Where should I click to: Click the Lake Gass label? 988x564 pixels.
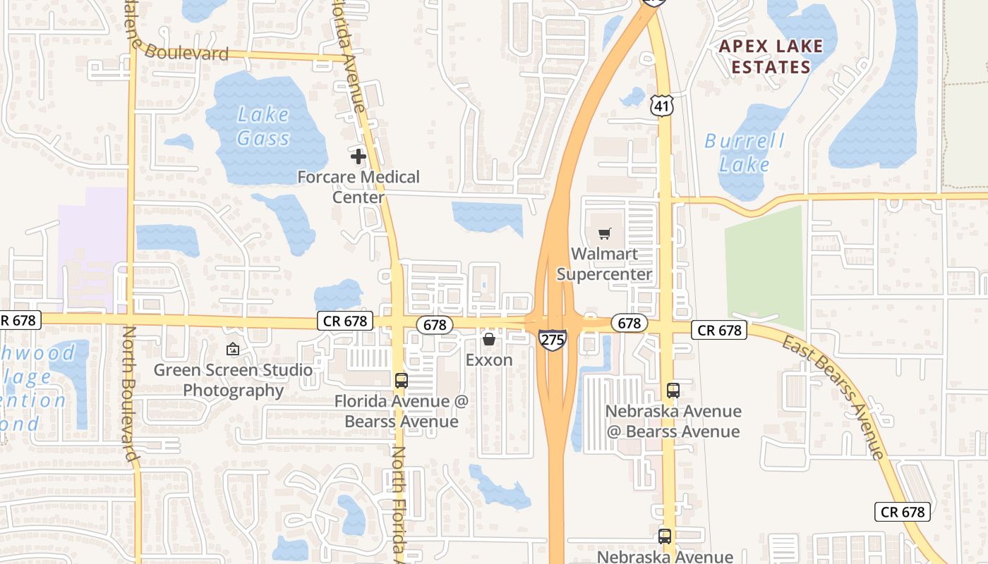pyautogui.click(x=263, y=126)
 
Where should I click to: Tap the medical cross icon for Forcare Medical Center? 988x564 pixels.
pyautogui.click(x=359, y=156)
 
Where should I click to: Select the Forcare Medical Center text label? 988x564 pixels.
pyautogui.click(x=359, y=187)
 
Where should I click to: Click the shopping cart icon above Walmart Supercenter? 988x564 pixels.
pyautogui.click(x=604, y=233)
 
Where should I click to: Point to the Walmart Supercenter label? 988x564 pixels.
pyautogui.click(x=604, y=264)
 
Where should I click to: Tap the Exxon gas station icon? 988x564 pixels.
pyautogui.click(x=488, y=340)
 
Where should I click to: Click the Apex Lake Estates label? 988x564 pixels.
pyautogui.click(x=771, y=57)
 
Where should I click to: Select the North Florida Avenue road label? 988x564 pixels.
pyautogui.click(x=399, y=501)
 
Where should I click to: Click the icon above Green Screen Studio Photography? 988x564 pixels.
pyautogui.click(x=233, y=348)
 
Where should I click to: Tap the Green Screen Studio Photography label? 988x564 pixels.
pyautogui.click(x=233, y=380)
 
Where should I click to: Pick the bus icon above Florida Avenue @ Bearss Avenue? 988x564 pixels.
pyautogui.click(x=402, y=381)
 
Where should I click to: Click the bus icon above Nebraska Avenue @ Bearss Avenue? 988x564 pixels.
pyautogui.click(x=673, y=391)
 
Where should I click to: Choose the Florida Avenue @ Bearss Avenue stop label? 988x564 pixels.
pyautogui.click(x=402, y=412)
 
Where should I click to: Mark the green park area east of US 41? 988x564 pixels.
pyautogui.click(x=765, y=268)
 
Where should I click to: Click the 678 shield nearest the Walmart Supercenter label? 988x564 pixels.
pyautogui.click(x=628, y=323)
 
